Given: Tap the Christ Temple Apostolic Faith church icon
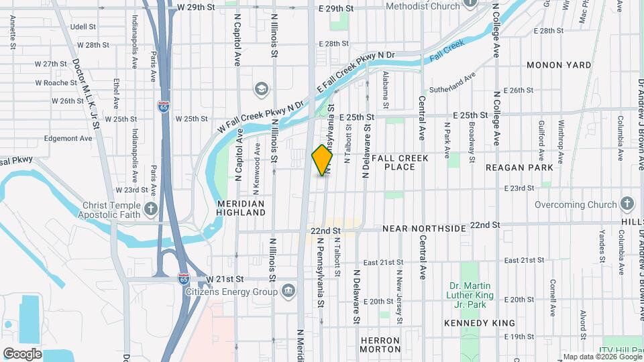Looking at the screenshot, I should tap(150, 208).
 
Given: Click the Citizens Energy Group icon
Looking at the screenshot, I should tap(288, 290).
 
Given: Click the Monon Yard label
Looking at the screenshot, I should tap(559, 65).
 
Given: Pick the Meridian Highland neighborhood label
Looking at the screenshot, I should tap(241, 207).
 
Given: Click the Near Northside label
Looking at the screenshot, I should tap(424, 229).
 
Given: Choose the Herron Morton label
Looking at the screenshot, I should tap(380, 345).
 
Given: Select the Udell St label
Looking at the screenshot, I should tap(83, 27).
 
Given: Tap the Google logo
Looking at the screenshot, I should tap(22, 353).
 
